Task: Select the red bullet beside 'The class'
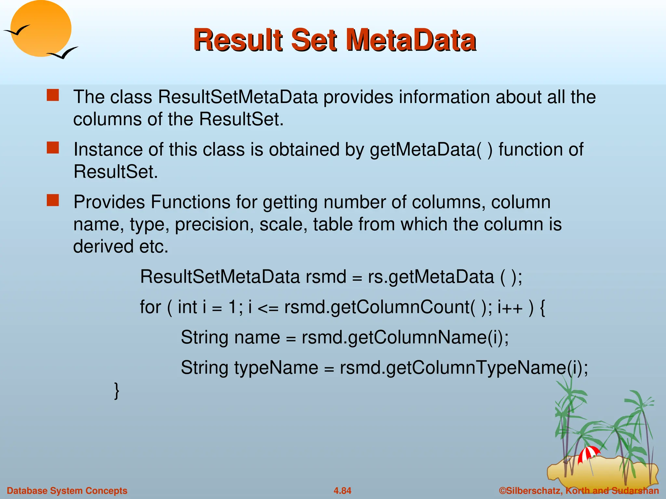coord(53,96)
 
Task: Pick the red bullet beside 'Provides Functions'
coord(53,200)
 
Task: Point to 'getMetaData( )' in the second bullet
coord(431,150)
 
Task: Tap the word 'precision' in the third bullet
coord(214,225)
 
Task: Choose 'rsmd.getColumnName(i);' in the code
coord(405,337)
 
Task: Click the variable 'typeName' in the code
coord(276,368)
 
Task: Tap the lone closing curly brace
coord(116,391)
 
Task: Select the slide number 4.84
coord(342,491)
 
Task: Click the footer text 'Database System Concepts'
coord(67,491)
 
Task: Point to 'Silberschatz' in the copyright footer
coord(534,491)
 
